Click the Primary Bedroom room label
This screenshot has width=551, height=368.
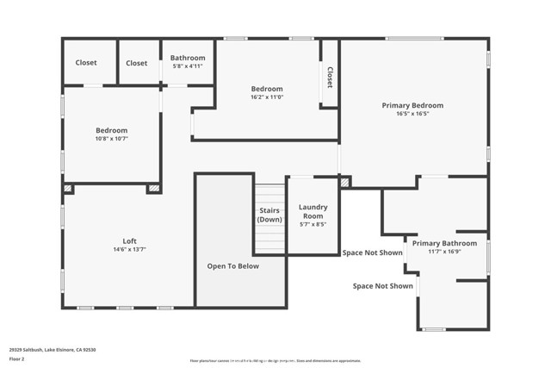413,105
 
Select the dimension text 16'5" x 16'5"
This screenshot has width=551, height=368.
413,114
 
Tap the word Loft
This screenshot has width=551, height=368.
129,241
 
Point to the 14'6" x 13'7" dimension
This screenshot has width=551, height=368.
129,250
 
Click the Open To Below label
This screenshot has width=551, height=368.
232,266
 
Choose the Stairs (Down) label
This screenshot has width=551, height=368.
269,215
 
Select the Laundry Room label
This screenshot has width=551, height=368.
313,211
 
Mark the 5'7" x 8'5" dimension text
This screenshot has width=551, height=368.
313,224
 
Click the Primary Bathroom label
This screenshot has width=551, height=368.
444,243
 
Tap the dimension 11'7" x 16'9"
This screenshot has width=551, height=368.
444,252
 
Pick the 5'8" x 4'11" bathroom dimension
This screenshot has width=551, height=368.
187,66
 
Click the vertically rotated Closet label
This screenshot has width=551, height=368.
329,78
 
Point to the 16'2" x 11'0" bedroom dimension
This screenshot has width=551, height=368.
267,97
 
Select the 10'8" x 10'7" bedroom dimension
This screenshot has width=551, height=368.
111,139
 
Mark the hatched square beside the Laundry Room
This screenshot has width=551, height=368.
345,182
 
